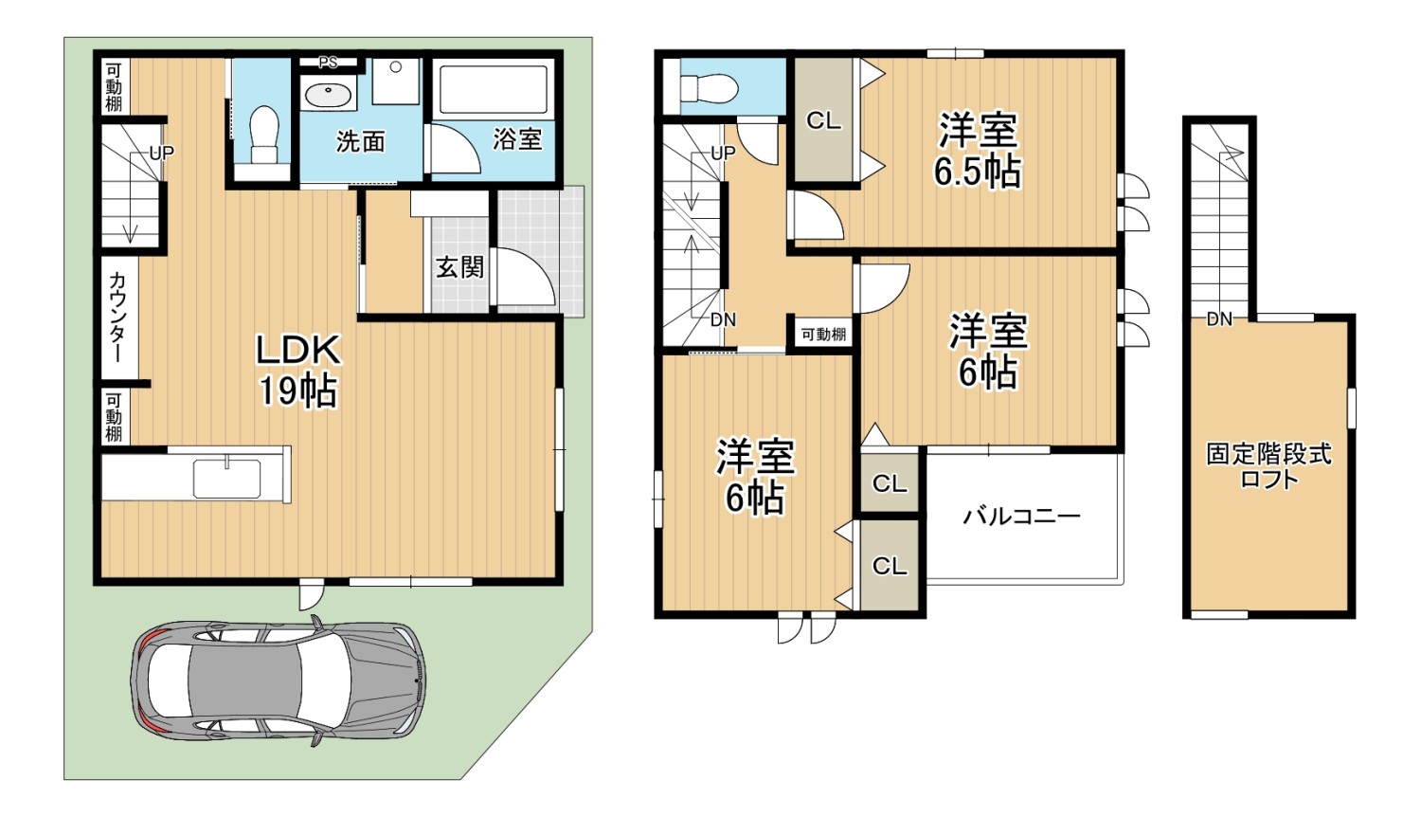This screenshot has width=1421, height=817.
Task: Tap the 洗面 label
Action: pos(360,141)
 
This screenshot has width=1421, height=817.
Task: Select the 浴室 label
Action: pos(517,139)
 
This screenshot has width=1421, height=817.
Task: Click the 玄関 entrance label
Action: pos(459,267)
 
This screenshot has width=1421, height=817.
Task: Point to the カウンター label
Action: pos(117,318)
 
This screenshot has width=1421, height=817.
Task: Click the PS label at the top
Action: pos(328,63)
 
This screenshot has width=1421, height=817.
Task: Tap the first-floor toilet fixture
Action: pos(264,136)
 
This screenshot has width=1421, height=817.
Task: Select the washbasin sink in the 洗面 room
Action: pos(328,96)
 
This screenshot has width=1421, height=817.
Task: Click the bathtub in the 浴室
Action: pos(493,88)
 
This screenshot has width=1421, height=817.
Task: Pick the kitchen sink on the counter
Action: pos(226,480)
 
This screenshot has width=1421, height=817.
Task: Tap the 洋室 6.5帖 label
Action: pos(978,150)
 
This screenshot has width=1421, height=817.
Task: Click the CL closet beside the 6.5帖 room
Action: pos(823,120)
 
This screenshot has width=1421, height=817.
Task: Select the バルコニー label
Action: pos(1021,516)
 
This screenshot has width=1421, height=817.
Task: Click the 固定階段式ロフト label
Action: pos(1268,466)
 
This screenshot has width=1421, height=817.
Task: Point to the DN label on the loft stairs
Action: pos(1219,318)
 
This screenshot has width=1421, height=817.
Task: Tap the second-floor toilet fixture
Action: pos(708,88)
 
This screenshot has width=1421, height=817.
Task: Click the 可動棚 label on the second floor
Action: pos(823,334)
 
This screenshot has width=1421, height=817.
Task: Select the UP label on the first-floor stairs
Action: pos(161,153)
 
